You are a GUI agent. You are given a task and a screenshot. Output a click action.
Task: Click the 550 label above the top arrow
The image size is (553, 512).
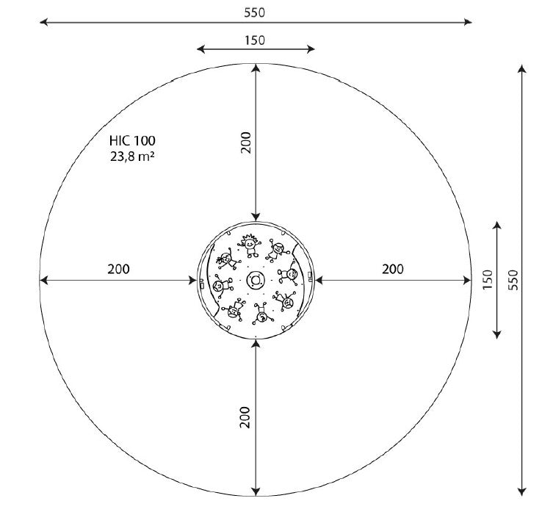(254, 12)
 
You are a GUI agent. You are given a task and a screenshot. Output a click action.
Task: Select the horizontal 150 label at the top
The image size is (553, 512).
(255, 40)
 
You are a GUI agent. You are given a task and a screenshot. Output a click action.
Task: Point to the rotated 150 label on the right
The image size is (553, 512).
(487, 280)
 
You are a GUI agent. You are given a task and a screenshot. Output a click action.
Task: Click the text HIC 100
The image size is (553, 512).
(132, 141)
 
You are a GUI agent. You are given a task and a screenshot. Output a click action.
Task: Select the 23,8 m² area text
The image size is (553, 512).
(132, 156)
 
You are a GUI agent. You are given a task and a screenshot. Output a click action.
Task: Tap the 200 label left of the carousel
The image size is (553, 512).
(118, 270)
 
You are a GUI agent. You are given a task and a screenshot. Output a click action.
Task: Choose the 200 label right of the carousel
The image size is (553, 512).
(392, 270)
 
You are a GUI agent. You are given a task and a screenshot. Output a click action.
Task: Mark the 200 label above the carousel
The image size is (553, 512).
(245, 143)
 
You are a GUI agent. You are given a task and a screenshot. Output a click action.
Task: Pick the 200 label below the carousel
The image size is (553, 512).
(245, 417)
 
